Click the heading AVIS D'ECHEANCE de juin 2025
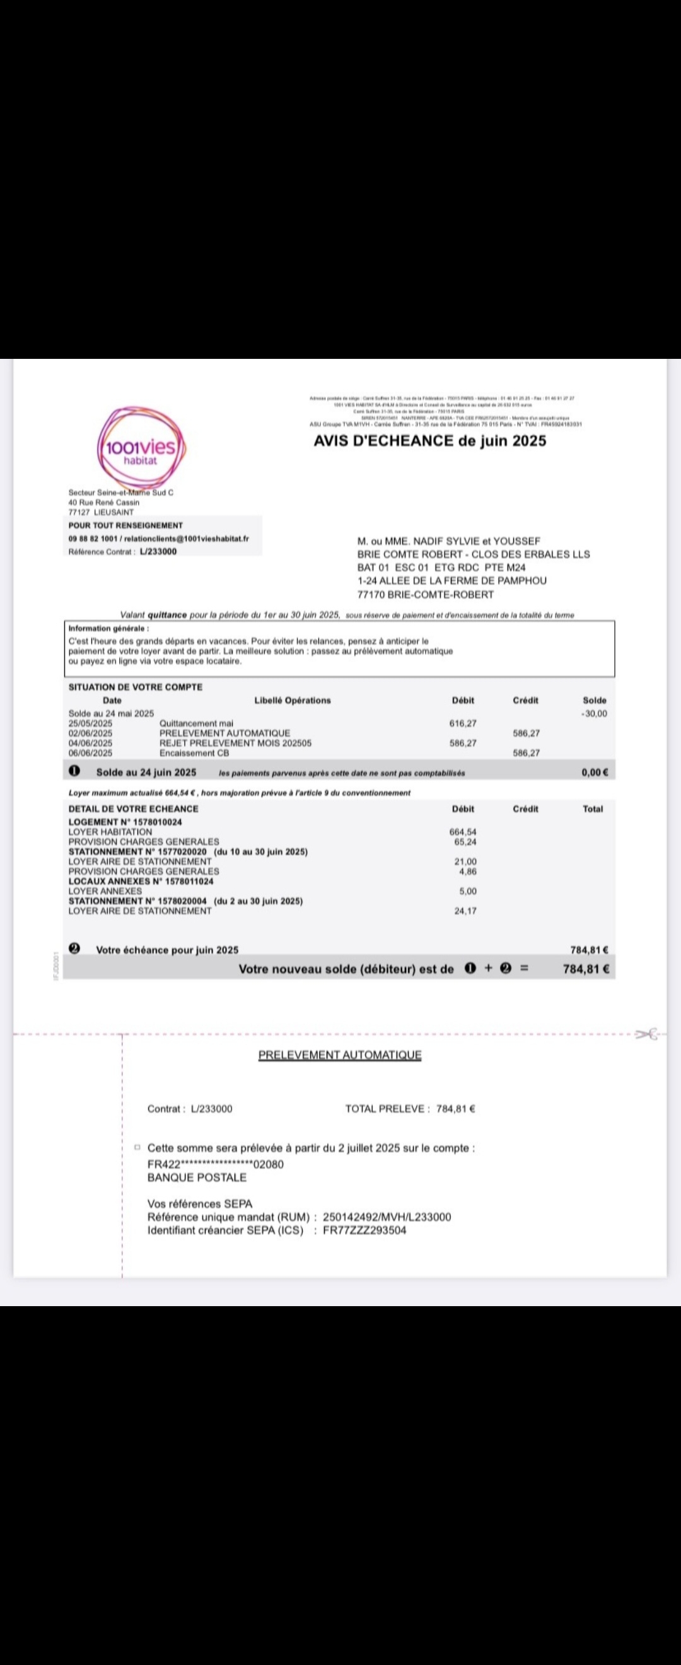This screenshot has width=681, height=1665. pos(429,441)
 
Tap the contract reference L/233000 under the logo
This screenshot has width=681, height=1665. pos(158,551)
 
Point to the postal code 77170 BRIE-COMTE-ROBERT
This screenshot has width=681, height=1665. pos(425,595)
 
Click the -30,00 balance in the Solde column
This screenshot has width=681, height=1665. pos(595,713)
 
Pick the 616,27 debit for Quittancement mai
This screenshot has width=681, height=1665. pos(463,723)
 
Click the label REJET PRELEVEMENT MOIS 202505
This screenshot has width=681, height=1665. pos(235,744)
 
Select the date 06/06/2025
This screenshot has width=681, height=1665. pos(90,753)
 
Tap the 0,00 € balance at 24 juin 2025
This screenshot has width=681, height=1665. pos(595,773)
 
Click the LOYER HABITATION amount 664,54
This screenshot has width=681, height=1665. pos(463,832)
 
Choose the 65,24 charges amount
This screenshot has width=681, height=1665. pos(465,841)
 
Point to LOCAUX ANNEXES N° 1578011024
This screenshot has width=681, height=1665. pos(141,881)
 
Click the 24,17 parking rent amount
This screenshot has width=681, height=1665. pos(465,911)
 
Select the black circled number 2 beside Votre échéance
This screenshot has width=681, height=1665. pos(75,949)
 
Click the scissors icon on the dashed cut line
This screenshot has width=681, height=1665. pos(646,1035)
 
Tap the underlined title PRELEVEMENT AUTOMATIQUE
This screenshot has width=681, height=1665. pos(340,1055)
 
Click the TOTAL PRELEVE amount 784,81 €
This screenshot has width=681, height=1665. pos(455,1109)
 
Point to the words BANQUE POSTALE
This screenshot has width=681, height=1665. pos(197,1177)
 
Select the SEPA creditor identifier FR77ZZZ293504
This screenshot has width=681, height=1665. pos(364,1230)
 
